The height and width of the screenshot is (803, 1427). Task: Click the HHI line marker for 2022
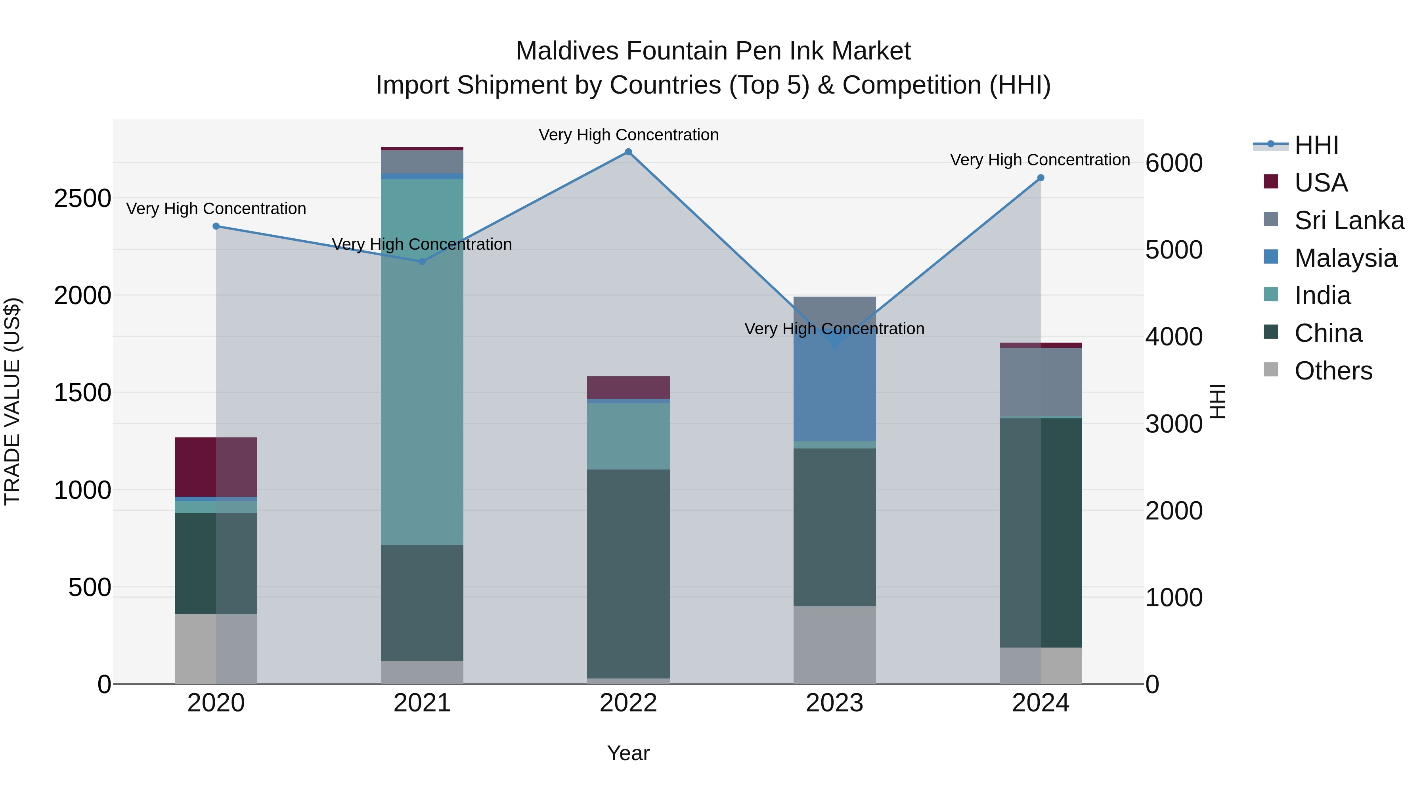628,152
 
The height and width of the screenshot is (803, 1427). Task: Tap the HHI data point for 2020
216,226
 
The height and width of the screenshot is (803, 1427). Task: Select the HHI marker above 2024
1041,178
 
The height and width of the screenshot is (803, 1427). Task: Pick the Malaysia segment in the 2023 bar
834,388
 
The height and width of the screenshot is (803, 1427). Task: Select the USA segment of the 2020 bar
216,467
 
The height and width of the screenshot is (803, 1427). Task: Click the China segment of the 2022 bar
628,573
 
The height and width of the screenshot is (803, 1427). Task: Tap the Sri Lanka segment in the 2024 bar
1041,382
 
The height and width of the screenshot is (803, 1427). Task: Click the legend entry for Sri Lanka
1349,220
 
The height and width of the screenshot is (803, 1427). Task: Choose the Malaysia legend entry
1345,258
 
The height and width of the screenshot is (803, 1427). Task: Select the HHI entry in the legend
1316,145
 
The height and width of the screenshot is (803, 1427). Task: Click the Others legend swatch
1271,370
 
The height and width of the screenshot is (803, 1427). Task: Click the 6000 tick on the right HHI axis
1173,163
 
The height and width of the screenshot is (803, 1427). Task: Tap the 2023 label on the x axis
834,703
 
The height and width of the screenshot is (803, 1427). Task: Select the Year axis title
628,753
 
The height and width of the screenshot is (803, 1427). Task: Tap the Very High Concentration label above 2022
628,135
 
